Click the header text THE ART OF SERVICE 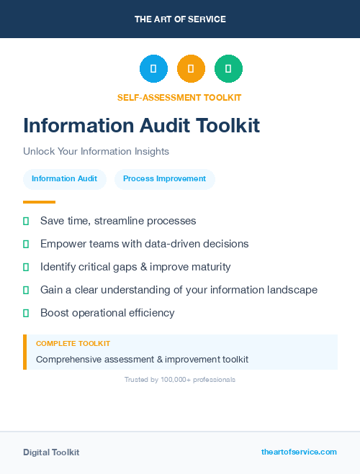coord(180,19)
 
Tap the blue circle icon coord(153,68)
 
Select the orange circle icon coord(191,68)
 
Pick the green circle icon coord(228,68)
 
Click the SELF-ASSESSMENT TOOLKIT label coord(179,97)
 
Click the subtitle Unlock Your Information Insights coord(96,152)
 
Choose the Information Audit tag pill coord(64,178)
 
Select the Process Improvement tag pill coord(164,178)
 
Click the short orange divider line coord(39,202)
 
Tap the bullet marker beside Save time coord(26,221)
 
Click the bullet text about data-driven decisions coord(144,244)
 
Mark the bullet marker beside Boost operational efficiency coord(26,313)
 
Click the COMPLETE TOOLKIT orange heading coord(73,344)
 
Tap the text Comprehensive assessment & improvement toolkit coord(142,359)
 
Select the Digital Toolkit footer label coord(51,452)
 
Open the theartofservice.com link coord(299,452)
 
